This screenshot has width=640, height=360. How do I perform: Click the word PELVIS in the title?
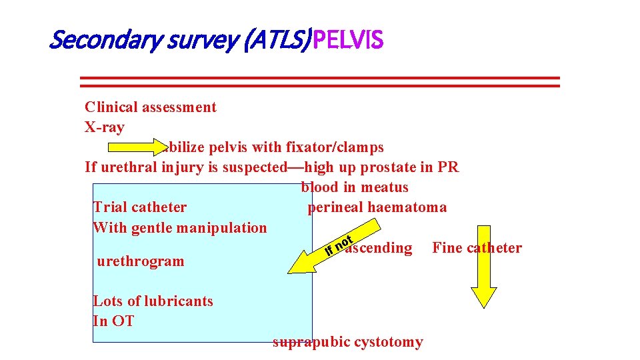pyautogui.click(x=348, y=41)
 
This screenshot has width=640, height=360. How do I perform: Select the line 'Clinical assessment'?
pyautogui.click(x=151, y=107)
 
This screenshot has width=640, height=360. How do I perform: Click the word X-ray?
pyautogui.click(x=105, y=127)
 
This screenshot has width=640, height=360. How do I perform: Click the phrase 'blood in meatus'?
pyautogui.click(x=355, y=187)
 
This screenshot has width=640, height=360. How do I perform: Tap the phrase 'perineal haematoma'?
pyautogui.click(x=377, y=207)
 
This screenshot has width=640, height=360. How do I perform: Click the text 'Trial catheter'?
pyautogui.click(x=140, y=207)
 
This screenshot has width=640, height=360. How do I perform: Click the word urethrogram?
pyautogui.click(x=141, y=261)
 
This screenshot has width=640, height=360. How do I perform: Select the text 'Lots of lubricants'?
pyautogui.click(x=153, y=301)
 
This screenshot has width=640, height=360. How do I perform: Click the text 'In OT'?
pyautogui.click(x=113, y=321)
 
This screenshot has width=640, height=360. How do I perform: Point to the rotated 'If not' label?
pyautogui.click(x=338, y=245)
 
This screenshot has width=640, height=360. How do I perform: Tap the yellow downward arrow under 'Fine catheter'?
pyautogui.click(x=483, y=287)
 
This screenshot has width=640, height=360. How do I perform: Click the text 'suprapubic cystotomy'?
pyautogui.click(x=348, y=342)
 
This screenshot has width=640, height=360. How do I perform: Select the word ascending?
pyautogui.click(x=379, y=248)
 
